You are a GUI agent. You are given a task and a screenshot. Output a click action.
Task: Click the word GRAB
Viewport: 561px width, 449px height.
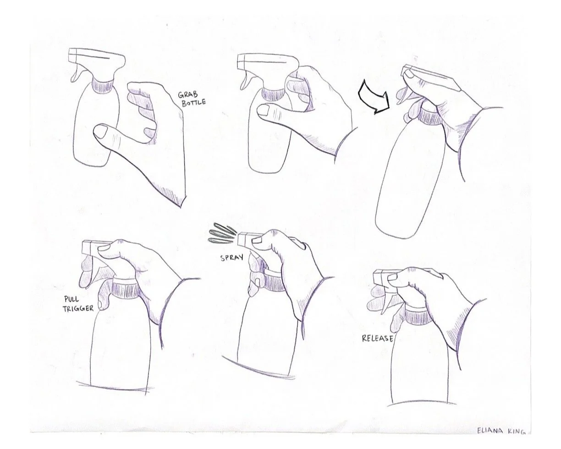click(x=188, y=94)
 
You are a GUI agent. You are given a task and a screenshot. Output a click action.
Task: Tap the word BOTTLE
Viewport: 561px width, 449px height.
click(x=193, y=102)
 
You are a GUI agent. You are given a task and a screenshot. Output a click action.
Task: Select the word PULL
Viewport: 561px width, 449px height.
click(x=71, y=299)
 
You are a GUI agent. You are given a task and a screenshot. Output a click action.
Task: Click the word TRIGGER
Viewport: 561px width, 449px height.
click(x=78, y=309)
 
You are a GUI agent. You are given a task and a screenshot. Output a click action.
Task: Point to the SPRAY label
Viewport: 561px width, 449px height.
click(x=231, y=258)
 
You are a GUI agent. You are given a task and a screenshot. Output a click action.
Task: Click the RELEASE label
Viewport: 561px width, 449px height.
click(x=377, y=338)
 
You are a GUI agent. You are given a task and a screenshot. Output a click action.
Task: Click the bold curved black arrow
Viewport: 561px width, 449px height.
click(x=373, y=97)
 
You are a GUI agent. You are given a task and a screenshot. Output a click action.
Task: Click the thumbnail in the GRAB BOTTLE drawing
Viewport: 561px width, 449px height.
click(x=100, y=132)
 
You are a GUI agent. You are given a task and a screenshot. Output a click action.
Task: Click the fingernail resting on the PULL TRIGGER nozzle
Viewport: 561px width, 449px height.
click(x=104, y=248)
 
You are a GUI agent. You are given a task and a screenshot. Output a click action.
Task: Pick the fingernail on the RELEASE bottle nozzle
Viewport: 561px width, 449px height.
click(x=393, y=277)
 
